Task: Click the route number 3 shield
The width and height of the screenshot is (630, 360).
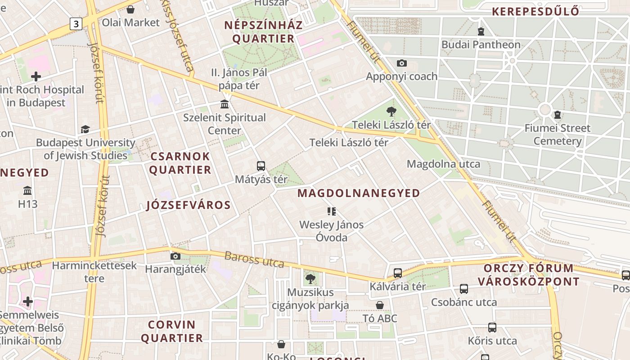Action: [x=76, y=24]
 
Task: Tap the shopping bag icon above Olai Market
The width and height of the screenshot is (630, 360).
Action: [x=130, y=9]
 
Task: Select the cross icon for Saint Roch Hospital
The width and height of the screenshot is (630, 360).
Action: [x=36, y=76]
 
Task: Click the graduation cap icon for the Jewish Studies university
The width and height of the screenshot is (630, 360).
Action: [x=85, y=130]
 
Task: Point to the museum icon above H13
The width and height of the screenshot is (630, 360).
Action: [x=27, y=190]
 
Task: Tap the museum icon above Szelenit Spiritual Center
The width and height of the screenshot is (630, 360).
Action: [x=224, y=104]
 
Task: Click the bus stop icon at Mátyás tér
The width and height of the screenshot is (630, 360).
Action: [x=261, y=166]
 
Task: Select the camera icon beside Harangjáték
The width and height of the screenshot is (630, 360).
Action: [x=175, y=256]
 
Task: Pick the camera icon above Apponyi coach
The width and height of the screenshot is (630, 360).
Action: [x=401, y=63]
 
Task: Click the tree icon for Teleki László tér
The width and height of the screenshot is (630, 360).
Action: [x=391, y=112]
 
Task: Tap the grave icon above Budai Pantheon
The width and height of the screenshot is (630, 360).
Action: [x=481, y=31]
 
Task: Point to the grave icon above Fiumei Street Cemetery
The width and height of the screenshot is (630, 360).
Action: [x=558, y=115]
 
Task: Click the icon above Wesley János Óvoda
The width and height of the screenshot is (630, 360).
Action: [x=332, y=211]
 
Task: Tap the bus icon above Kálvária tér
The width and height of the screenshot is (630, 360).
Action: [x=397, y=273]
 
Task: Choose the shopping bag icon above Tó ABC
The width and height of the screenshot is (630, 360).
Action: [x=380, y=305]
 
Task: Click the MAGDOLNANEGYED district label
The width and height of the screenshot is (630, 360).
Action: [x=359, y=193]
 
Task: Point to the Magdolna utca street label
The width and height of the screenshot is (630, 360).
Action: [x=443, y=164]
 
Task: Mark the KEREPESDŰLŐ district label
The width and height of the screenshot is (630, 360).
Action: [x=535, y=12]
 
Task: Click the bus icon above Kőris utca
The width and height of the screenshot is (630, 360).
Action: [x=492, y=328]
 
